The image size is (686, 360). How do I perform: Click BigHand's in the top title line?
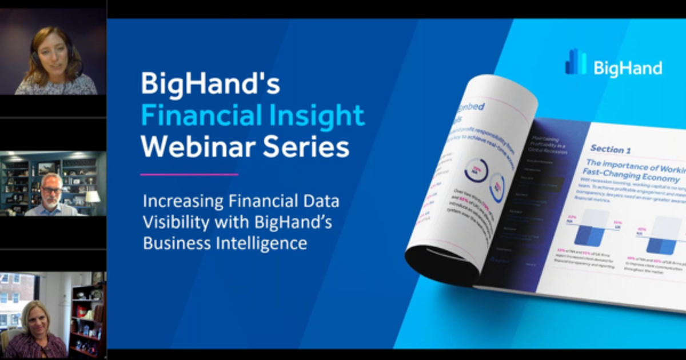(210, 85)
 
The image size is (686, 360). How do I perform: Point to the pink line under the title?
(189, 174)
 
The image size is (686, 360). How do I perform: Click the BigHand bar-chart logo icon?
(575, 62)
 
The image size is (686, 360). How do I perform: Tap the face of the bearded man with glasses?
(51, 191)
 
